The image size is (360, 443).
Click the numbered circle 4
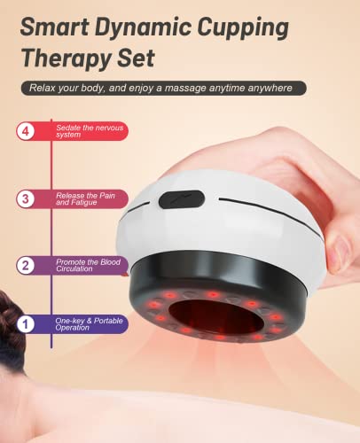click(27, 132)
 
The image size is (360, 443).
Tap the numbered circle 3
click(27, 198)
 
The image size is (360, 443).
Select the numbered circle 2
click(27, 264)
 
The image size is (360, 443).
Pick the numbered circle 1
click(27, 324)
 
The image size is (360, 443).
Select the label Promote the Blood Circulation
click(89, 264)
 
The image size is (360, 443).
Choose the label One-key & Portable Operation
click(84, 324)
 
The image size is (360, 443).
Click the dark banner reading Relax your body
click(164, 88)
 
